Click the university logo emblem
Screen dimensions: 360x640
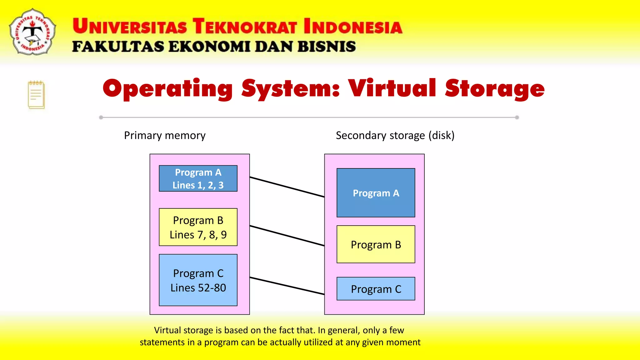coord(32,32)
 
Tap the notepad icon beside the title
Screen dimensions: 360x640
coord(36,95)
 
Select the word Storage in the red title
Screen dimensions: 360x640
coord(495,89)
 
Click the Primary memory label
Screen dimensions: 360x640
coord(165,136)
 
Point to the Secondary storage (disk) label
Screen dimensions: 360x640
coord(395,136)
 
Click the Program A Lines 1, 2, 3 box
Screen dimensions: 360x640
coord(198,178)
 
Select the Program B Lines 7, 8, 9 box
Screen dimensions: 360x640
coord(198,227)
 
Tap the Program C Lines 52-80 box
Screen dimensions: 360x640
coord(198,280)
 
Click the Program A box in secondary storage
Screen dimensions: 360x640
coord(376,193)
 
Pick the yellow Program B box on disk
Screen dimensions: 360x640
coord(376,244)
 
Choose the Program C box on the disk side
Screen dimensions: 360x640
coord(376,289)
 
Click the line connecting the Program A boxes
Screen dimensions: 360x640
coord(287,187)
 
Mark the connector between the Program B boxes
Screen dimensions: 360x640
coord(287,236)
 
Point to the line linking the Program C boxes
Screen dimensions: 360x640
coord(287,286)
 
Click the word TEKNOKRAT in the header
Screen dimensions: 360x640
coord(244,26)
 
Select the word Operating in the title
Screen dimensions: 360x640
coord(168,89)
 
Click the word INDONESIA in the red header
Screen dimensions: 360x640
coord(353,26)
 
